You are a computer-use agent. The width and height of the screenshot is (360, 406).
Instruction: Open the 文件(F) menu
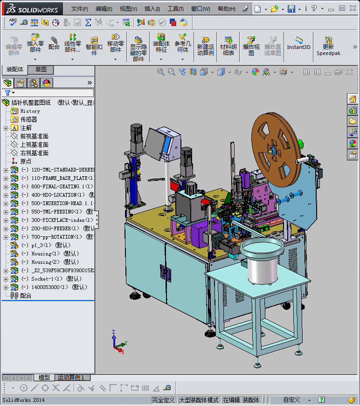tap(80, 9)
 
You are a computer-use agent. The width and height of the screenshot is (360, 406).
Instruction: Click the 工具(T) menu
tap(175, 9)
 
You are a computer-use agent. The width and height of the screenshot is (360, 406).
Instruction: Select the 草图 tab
tap(41, 69)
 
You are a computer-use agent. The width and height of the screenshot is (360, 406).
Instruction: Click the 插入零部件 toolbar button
tap(35, 44)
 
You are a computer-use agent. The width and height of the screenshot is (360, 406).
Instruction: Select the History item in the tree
tap(30, 111)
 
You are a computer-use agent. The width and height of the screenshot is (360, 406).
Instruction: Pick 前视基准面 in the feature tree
tap(34, 136)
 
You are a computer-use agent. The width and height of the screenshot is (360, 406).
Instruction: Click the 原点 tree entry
tap(26, 161)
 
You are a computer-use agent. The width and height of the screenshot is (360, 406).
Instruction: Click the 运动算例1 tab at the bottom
tap(73, 378)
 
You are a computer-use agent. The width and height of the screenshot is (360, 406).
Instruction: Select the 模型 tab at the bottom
tap(44, 378)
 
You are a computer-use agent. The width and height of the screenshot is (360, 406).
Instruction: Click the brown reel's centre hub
tap(272, 150)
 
